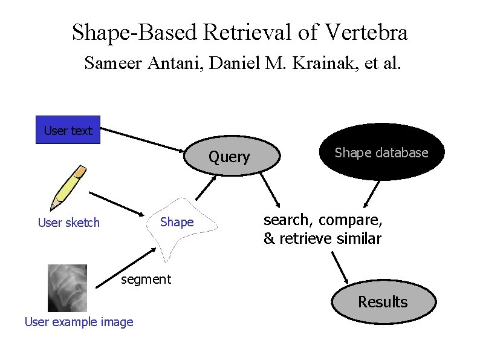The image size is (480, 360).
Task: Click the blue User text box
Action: [68, 130]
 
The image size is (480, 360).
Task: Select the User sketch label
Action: [68, 223]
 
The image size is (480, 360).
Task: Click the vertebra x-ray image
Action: [67, 288]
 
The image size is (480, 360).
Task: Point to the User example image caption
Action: [79, 322]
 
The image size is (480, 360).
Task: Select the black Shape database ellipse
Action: [381, 152]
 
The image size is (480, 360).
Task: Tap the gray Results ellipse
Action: [383, 301]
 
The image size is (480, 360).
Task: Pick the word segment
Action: [146, 279]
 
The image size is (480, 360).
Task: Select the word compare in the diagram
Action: [352, 219]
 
